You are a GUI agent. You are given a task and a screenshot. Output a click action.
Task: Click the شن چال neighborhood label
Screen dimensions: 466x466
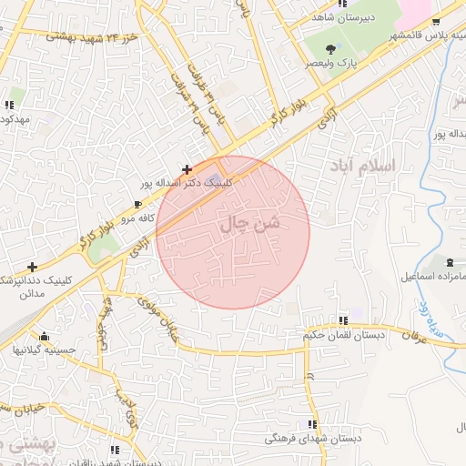pyautogui.click(x=251, y=221)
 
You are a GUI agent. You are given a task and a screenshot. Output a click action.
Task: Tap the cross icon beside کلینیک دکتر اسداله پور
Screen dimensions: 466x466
pyautogui.click(x=187, y=168)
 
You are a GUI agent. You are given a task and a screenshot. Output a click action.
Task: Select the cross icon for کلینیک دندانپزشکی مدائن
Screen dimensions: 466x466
pyautogui.click(x=33, y=267)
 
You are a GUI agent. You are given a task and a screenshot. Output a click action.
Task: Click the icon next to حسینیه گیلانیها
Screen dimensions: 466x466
pyautogui.click(x=44, y=335)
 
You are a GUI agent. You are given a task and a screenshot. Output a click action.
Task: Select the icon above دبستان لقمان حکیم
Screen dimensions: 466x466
pyautogui.click(x=343, y=320)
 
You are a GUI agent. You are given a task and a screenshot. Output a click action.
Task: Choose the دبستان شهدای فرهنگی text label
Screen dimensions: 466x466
pyautogui.click(x=313, y=439)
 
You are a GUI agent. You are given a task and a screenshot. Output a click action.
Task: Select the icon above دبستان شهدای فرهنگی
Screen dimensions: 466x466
pyautogui.click(x=312, y=424)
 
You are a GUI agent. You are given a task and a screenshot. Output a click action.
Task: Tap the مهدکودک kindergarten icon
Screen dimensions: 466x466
pyautogui.click(x=9, y=105)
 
